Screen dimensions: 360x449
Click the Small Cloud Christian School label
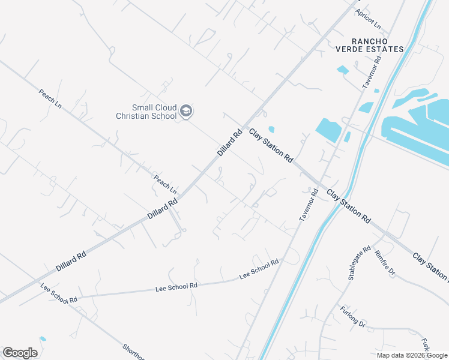coord(146,112)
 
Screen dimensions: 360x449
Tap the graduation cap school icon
coord(187,111)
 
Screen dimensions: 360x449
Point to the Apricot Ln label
coord(368,19)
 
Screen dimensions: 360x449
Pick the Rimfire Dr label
coord(384,263)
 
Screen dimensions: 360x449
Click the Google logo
coord(20,353)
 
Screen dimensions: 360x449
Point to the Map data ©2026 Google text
coord(412,355)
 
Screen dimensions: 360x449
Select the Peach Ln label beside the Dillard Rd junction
coord(165,184)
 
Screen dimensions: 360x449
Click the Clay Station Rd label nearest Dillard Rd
coord(271,146)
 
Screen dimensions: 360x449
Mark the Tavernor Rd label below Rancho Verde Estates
coord(372,73)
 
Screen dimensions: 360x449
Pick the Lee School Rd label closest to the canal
coord(259,269)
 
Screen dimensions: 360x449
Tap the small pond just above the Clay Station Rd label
coord(271,128)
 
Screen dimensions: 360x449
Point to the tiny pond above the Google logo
coord(42,339)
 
